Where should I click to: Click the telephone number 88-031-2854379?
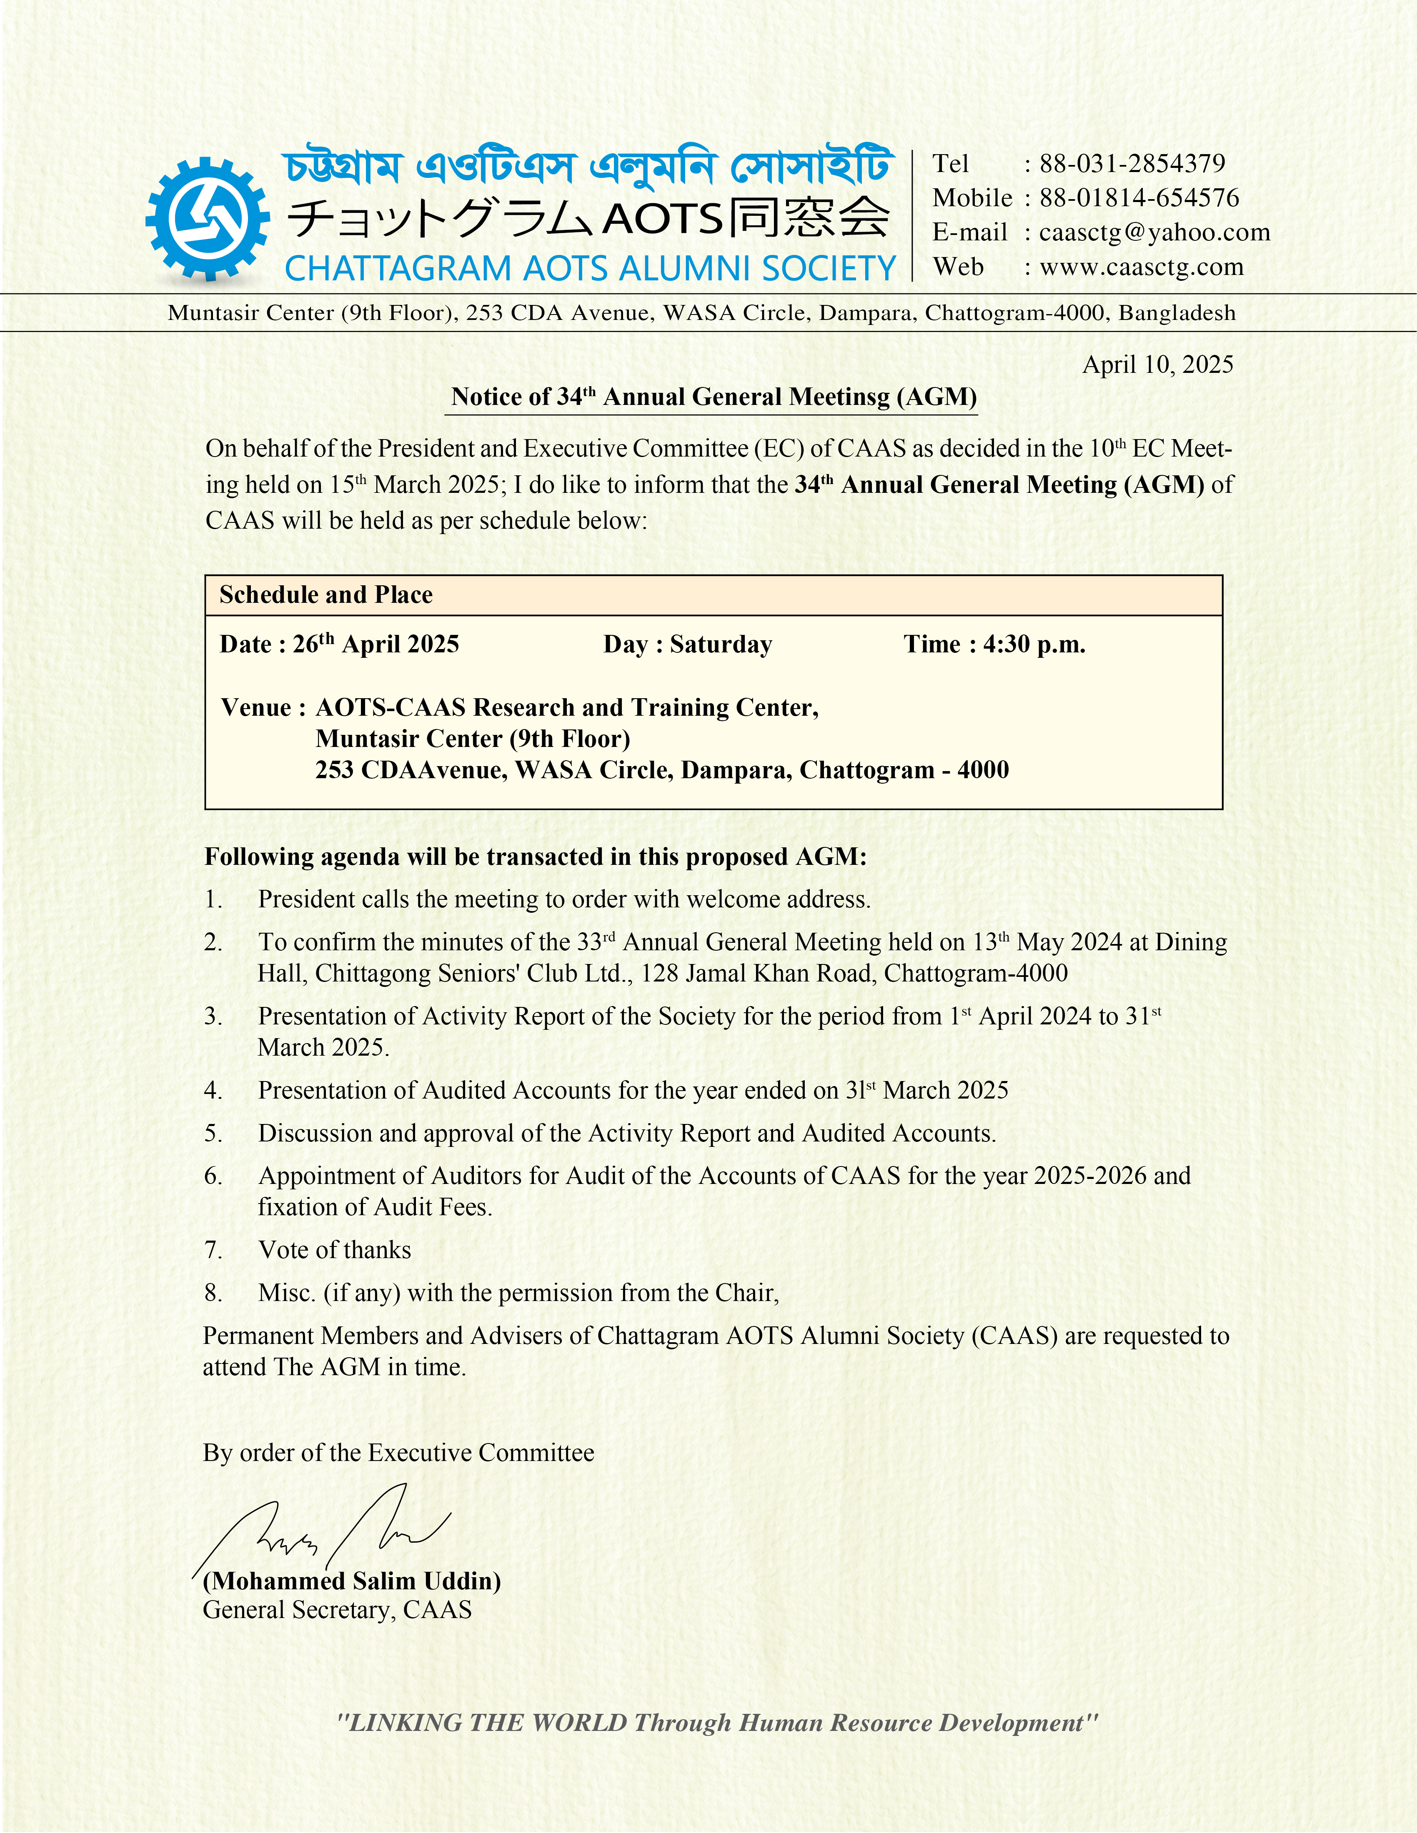tap(1132, 164)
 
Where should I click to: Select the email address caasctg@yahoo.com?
tap(1154, 232)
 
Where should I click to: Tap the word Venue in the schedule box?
tap(256, 707)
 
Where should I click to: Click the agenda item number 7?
tap(213, 1250)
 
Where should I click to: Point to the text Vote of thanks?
tap(334, 1250)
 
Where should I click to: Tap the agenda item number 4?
tap(213, 1090)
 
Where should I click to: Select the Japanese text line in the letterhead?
tap(588, 218)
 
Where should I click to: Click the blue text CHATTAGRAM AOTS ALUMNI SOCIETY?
tap(590, 269)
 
